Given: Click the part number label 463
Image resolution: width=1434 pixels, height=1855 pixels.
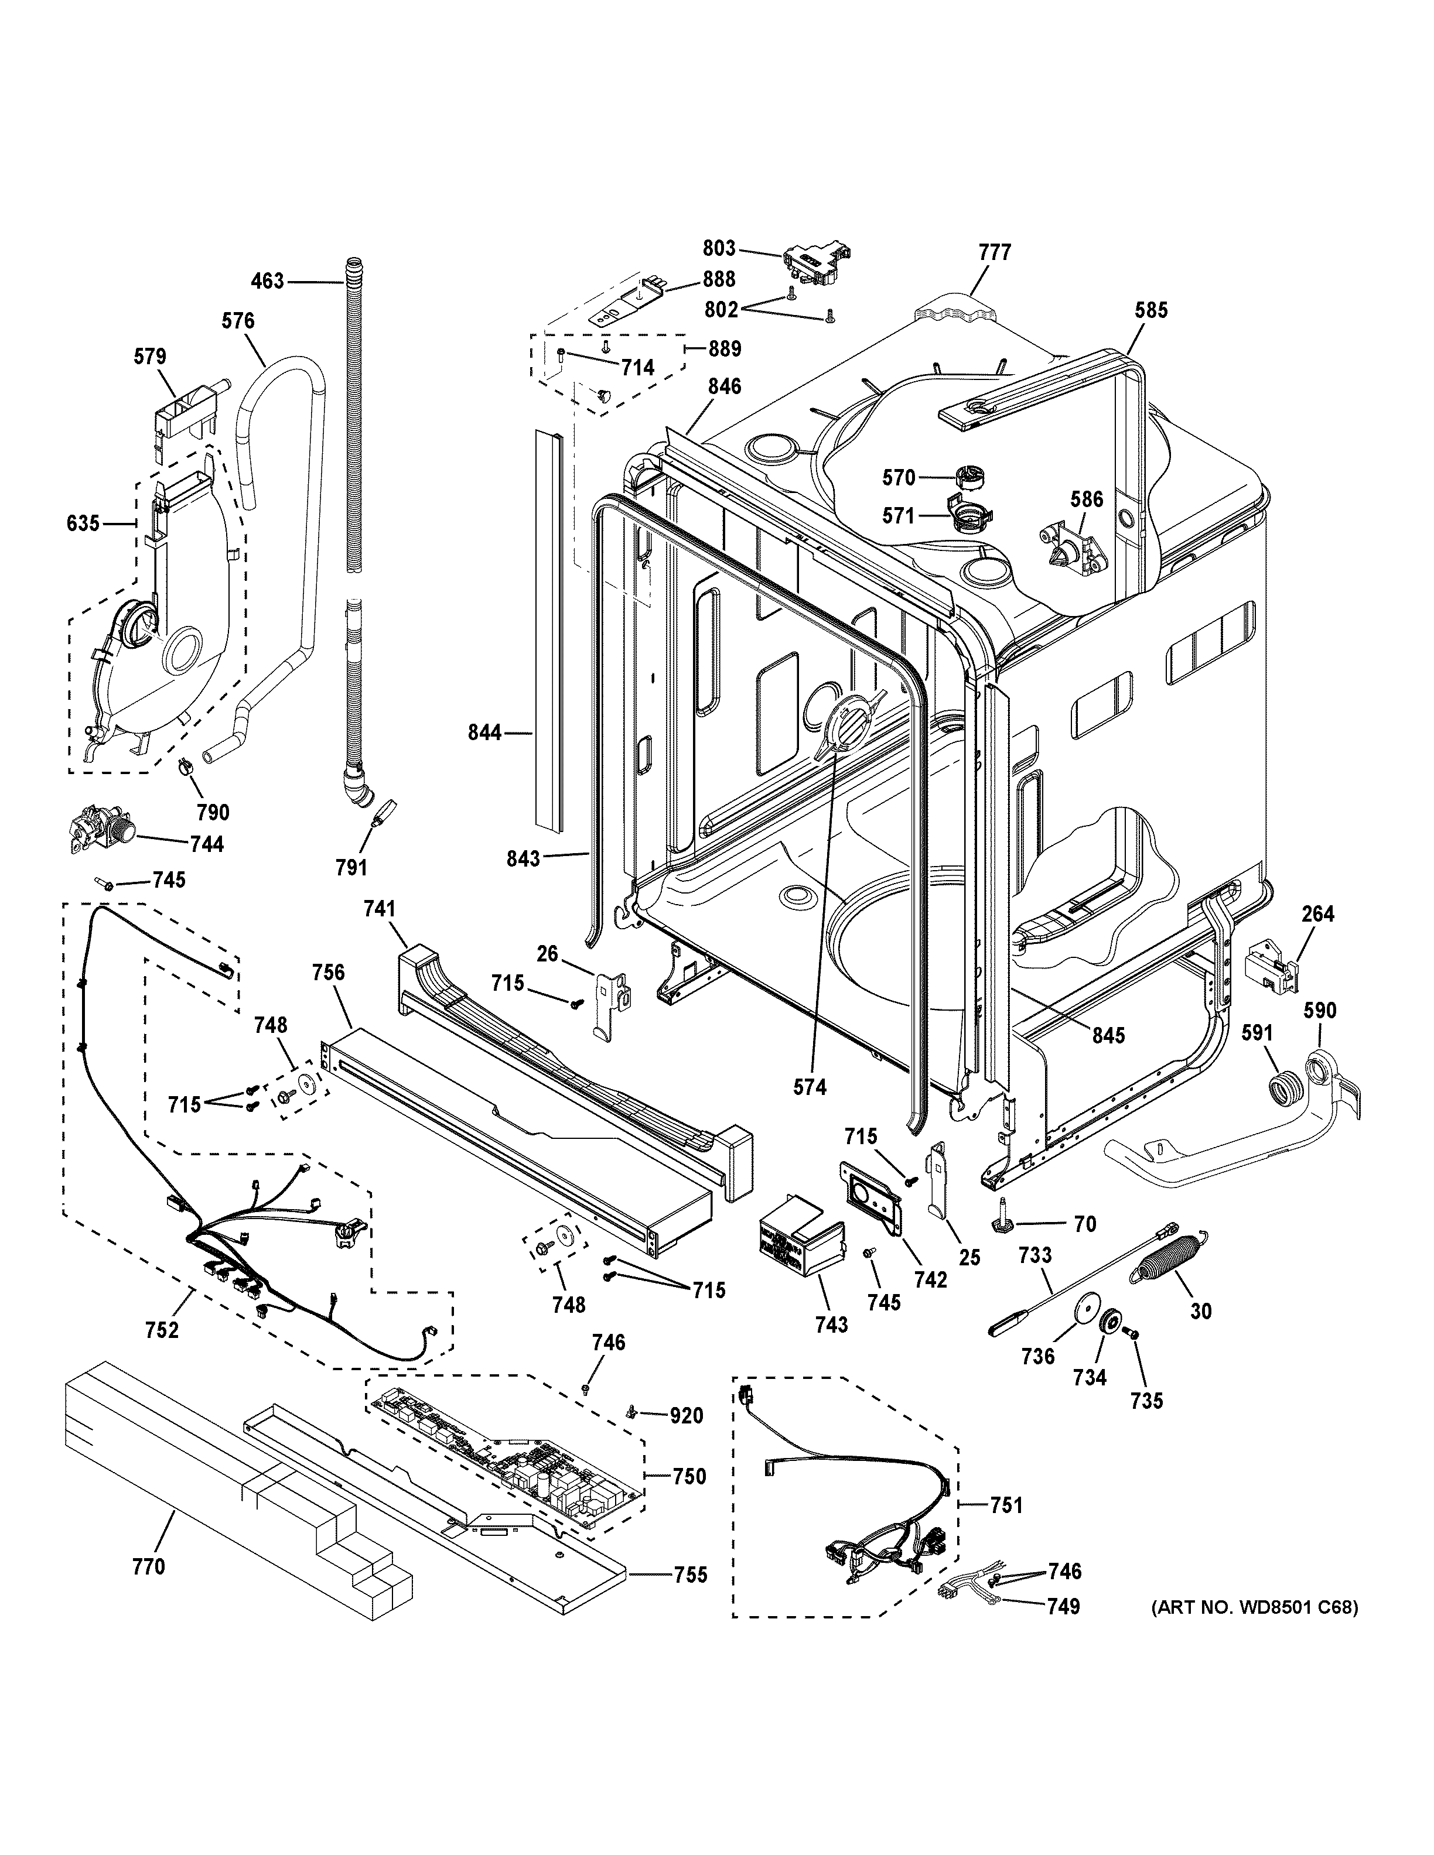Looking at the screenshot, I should (268, 280).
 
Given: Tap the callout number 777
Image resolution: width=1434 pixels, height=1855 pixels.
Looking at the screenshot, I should (994, 252).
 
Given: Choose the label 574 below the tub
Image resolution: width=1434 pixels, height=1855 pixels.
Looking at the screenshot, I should (809, 1086).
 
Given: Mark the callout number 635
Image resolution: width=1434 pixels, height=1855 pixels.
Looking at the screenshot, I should (83, 523).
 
